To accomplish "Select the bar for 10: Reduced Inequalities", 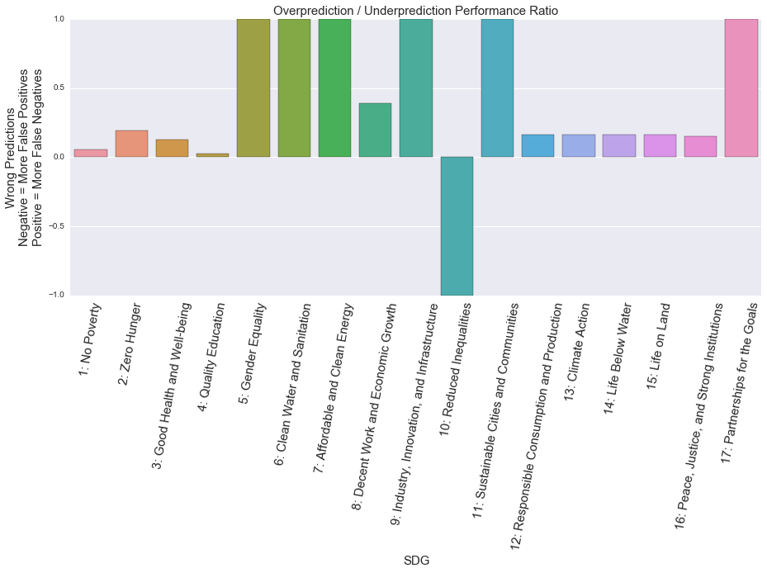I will [x=457, y=225].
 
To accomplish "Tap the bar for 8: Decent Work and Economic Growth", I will [x=376, y=130].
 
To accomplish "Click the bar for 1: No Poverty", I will [x=91, y=153].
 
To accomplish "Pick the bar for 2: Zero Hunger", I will [x=131, y=144].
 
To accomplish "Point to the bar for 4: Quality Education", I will [x=213, y=154].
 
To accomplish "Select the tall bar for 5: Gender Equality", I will [x=253, y=88].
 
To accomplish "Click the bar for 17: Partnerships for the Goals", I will [x=741, y=88].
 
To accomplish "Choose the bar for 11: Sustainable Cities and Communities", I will [x=497, y=88].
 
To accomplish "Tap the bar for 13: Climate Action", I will [x=579, y=145].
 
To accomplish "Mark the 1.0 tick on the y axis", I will [x=59, y=19].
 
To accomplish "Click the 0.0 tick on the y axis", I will [x=59, y=157].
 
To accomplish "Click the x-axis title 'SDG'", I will [x=415, y=561].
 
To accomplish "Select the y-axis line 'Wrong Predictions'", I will [x=10, y=157].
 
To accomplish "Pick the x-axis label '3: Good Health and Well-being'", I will [x=172, y=385].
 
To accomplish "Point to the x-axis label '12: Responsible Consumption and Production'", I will [x=537, y=425].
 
